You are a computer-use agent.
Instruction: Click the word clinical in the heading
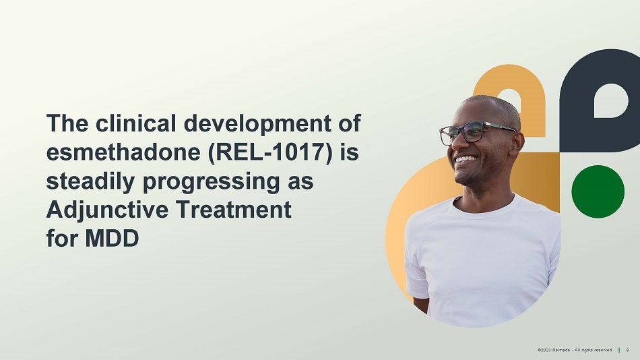point(135,123)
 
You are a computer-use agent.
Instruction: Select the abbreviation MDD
point(112,238)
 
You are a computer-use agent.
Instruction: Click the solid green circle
point(598,191)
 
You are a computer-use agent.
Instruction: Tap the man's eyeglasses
point(476,132)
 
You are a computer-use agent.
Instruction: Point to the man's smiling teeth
point(466,159)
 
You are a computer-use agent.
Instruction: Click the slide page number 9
point(628,350)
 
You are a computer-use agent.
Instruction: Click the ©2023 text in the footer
point(544,350)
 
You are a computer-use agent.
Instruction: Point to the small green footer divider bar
point(619,350)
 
